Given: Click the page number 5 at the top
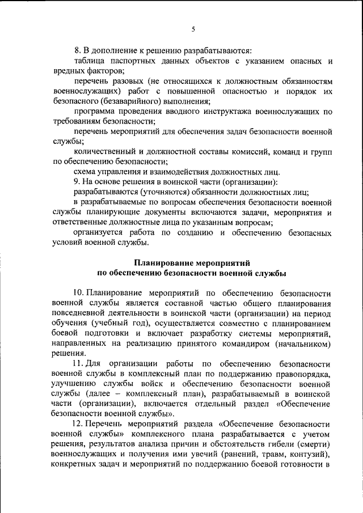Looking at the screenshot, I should (x=193, y=29).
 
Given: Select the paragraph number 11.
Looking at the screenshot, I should (x=78, y=362).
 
